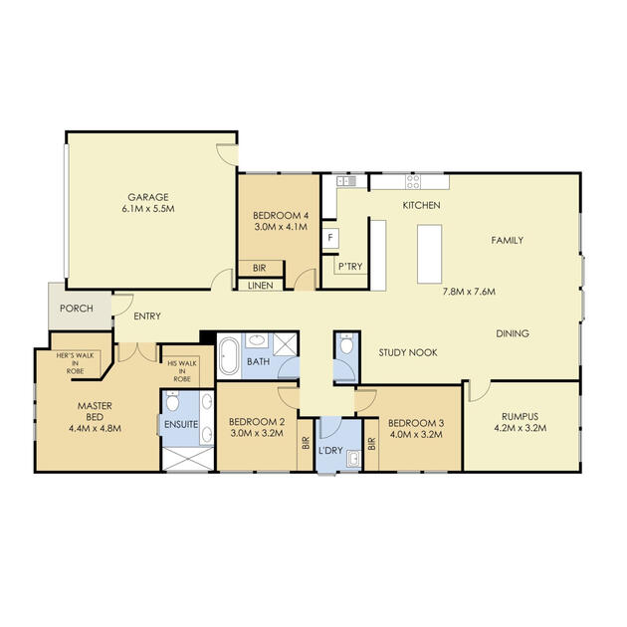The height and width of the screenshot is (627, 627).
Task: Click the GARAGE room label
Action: [148, 197]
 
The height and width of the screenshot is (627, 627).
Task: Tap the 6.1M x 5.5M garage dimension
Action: [148, 209]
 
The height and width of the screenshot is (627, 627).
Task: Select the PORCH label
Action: [77, 309]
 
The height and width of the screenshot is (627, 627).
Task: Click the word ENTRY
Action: [147, 315]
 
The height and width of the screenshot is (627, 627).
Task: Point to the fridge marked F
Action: [330, 238]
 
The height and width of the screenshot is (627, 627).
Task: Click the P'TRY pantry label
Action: [350, 267]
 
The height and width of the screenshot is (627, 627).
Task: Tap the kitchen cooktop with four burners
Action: [413, 181]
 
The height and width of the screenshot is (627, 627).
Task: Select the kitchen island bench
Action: [430, 254]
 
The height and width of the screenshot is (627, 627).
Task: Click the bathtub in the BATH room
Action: [229, 356]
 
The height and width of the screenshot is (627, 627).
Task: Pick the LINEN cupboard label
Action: [261, 286]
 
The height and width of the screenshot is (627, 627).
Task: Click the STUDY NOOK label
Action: [408, 352]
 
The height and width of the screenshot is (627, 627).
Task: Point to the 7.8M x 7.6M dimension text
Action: [469, 292]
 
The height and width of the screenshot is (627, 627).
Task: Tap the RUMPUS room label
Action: [520, 416]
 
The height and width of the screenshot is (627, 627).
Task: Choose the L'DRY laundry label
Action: [330, 450]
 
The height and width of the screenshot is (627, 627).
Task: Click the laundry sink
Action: [354, 458]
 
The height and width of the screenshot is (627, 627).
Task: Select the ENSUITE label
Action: [181, 424]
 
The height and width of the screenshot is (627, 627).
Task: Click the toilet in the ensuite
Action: [172, 401]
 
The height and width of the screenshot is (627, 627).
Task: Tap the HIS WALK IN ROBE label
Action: [182, 371]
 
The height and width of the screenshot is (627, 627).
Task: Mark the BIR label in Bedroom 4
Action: [259, 268]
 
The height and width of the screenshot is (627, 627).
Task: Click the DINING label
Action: [513, 333]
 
